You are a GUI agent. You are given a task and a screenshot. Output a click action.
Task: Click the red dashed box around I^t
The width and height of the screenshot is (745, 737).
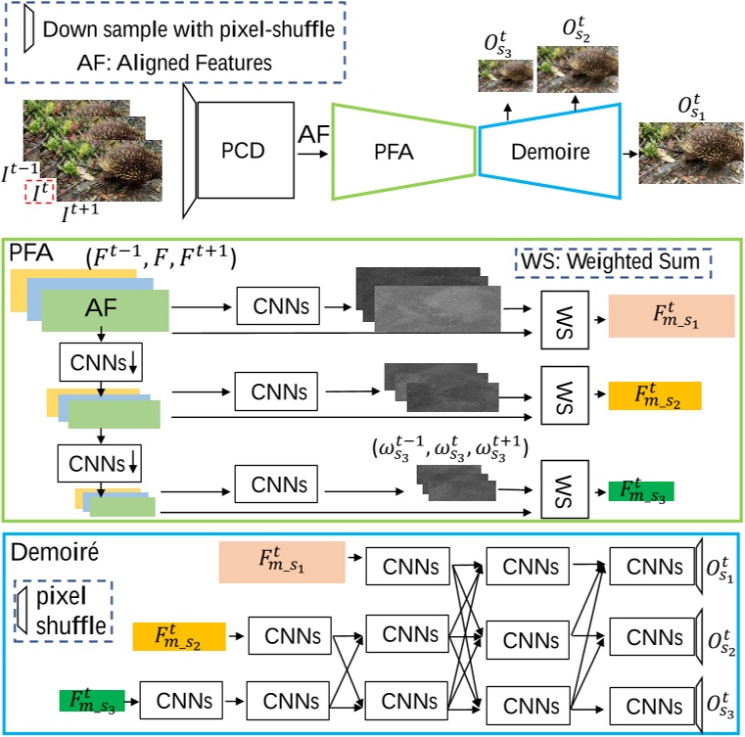(x=38, y=193)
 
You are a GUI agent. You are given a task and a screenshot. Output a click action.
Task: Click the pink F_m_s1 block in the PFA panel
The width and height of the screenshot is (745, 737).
(x=671, y=316)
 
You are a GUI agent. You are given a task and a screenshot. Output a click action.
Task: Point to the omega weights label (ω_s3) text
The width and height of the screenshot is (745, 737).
(x=449, y=449)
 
